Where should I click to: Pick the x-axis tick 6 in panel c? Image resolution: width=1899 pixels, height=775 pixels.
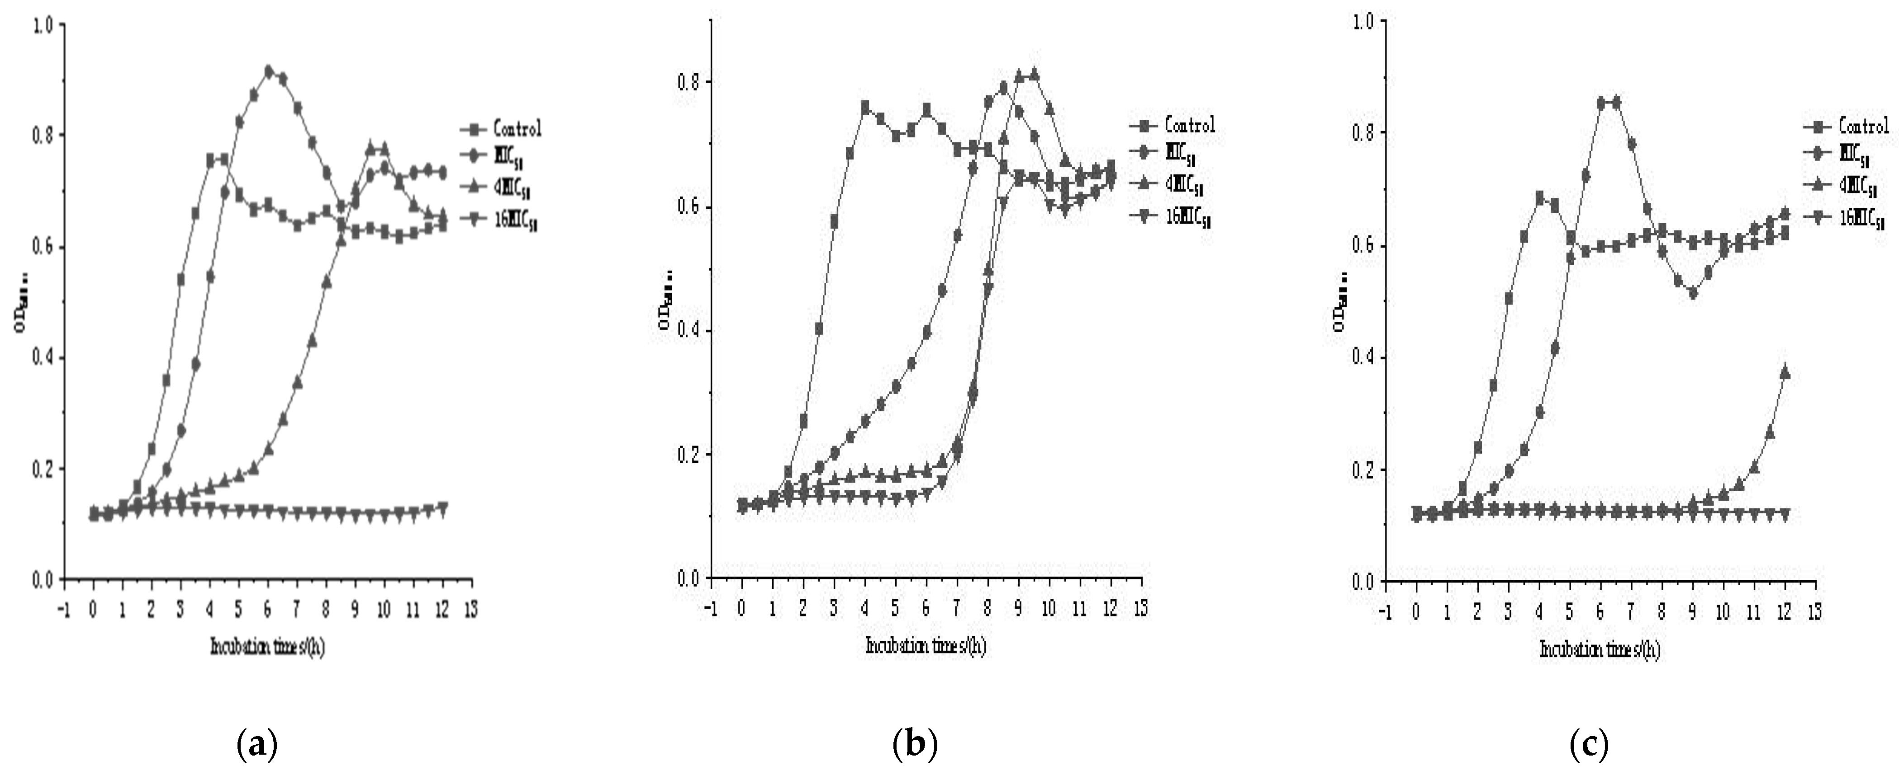[1600, 612]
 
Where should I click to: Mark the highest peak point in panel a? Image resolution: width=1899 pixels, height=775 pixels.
[268, 71]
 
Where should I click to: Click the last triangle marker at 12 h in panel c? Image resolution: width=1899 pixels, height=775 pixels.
[1785, 373]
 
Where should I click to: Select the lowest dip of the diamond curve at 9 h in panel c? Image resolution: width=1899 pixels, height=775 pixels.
[1693, 292]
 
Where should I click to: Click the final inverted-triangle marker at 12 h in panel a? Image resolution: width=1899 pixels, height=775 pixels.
[442, 508]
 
